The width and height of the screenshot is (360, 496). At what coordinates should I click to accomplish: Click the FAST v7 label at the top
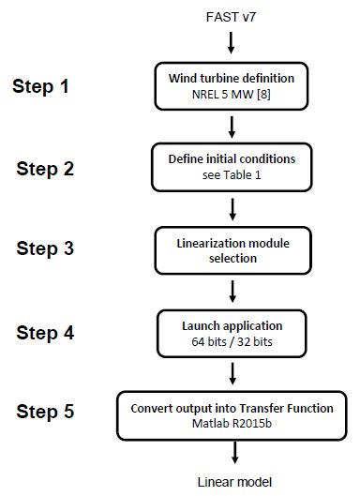click(x=232, y=18)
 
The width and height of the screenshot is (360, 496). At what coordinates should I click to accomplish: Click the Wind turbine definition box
click(x=232, y=85)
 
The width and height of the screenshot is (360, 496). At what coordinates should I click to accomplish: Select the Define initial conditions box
click(x=232, y=166)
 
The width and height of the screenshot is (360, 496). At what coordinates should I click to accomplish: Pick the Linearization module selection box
click(x=232, y=249)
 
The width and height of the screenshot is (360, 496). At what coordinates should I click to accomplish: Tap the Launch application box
click(x=232, y=332)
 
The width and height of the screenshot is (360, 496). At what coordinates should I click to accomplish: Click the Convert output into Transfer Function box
click(x=232, y=414)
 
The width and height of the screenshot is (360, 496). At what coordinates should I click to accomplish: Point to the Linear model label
click(x=233, y=482)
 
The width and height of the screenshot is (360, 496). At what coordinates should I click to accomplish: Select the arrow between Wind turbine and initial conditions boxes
click(x=232, y=125)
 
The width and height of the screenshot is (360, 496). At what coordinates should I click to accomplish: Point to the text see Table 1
click(x=232, y=173)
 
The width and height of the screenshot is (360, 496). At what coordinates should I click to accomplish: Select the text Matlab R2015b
click(x=232, y=422)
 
